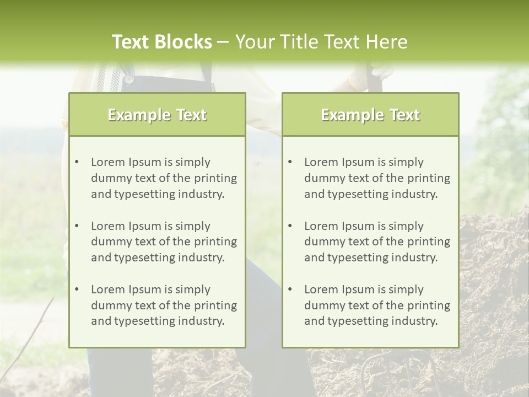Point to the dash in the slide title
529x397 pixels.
223,42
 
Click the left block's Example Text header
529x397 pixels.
157,115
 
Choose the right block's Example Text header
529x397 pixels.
370,115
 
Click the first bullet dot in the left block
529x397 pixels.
77,162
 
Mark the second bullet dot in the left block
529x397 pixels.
77,226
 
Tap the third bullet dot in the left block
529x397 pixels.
77,289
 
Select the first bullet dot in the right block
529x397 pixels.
290,162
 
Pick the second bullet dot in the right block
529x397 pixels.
290,226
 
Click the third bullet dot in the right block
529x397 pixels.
290,289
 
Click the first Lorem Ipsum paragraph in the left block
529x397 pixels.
164,178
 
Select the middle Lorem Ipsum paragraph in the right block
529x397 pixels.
377,242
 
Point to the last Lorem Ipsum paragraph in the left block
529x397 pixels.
164,305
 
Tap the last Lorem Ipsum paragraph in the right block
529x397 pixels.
377,305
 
